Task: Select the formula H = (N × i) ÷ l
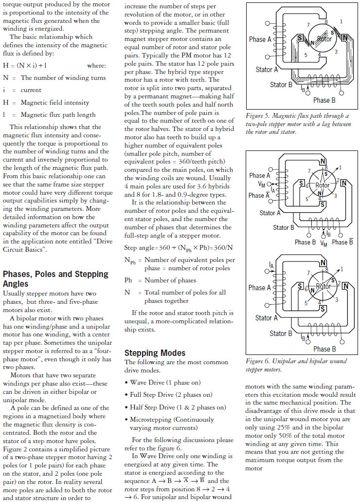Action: coord(25,65)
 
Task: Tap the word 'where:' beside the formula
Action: coord(97,65)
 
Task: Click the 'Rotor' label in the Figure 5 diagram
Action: coord(324,38)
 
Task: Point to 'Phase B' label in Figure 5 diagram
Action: coord(324,100)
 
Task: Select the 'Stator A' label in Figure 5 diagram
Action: coord(267,70)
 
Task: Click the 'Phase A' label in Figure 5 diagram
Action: coord(260,39)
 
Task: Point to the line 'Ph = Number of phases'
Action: coord(161,280)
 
